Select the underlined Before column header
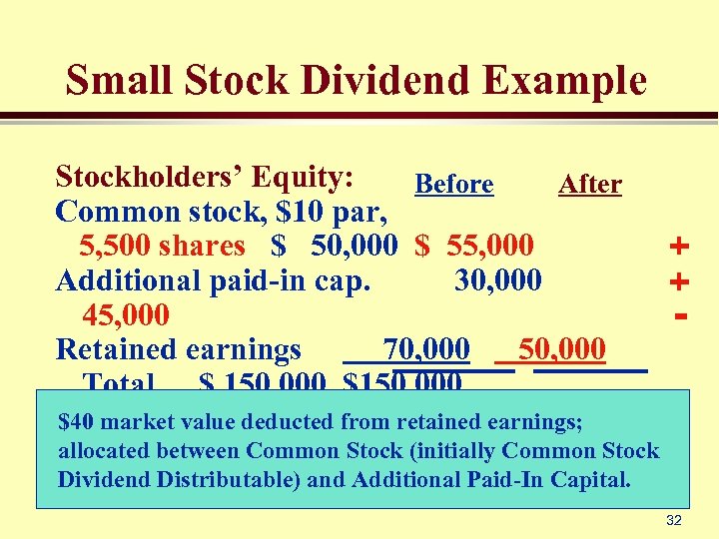click(x=453, y=185)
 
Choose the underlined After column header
click(x=589, y=185)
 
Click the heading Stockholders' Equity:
click(x=205, y=177)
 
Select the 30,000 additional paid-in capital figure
click(x=498, y=280)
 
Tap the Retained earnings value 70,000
click(x=426, y=349)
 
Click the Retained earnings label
click(x=179, y=349)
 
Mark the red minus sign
click(x=680, y=316)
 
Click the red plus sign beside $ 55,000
click(x=680, y=246)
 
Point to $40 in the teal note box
click(x=77, y=422)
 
